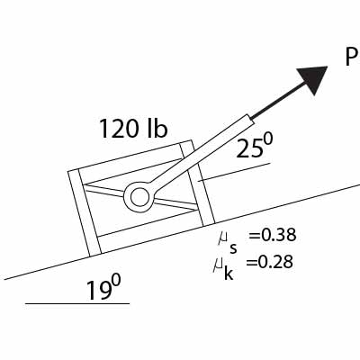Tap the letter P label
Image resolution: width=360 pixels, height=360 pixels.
click(351, 57)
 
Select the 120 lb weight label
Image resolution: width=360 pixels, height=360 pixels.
click(133, 129)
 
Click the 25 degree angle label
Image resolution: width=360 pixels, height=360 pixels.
click(255, 148)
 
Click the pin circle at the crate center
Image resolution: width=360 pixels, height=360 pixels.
click(139, 195)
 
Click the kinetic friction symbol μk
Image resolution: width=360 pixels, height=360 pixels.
click(225, 265)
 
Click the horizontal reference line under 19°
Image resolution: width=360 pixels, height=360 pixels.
click(77, 303)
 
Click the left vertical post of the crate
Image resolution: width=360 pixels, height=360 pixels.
click(82, 211)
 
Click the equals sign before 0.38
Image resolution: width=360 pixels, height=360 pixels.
click(253, 236)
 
